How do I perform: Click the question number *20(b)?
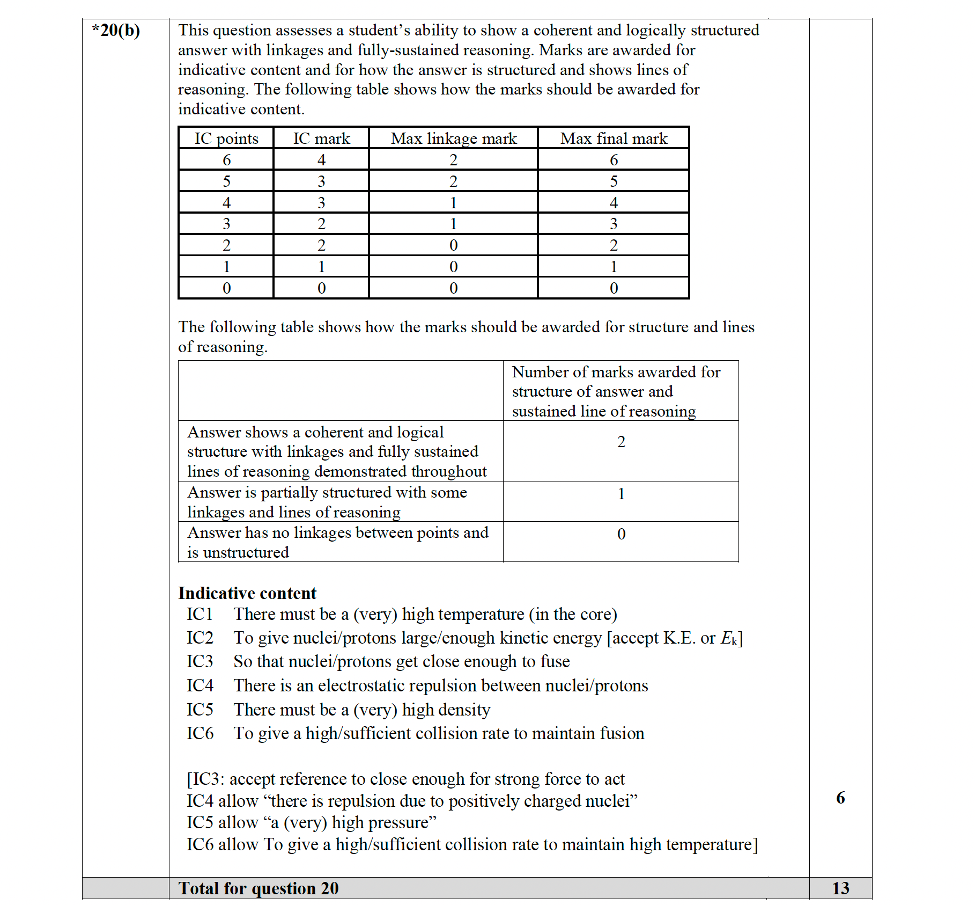coord(116,31)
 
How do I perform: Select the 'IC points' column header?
coord(226,138)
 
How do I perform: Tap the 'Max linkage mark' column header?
coord(454,138)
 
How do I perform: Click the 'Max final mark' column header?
coord(614,138)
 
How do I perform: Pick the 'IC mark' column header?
coord(321,138)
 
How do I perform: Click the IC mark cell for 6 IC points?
coord(321,160)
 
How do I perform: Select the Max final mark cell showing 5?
coord(614,181)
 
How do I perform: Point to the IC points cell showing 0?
coord(226,288)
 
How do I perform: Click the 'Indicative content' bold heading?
coord(247,593)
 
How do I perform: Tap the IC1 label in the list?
coord(200,614)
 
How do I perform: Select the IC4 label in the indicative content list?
coord(200,685)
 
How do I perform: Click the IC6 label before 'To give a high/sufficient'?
coord(200,733)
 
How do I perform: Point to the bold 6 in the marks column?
coord(840,798)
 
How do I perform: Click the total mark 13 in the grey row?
coord(840,888)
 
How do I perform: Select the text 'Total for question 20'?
coord(258,888)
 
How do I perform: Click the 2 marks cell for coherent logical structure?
coord(621,442)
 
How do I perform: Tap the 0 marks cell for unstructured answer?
coord(621,534)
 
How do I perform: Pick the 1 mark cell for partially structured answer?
coord(621,494)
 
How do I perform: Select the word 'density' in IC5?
coord(463,710)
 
